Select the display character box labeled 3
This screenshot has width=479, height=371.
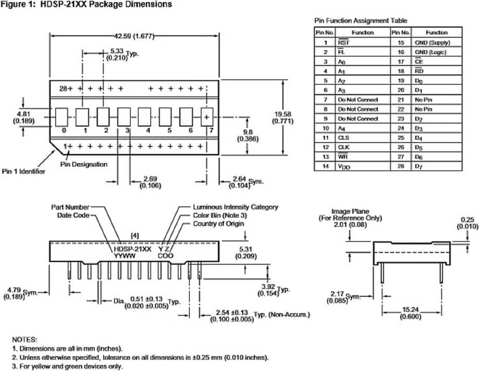[124, 117]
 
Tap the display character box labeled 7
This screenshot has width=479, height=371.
[207, 117]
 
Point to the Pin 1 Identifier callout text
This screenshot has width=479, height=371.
[24, 172]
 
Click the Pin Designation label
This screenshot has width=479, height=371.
[84, 164]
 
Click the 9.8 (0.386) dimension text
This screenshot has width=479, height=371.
[247, 136]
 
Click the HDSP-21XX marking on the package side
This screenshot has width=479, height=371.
[133, 249]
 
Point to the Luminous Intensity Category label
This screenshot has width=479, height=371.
[236, 207]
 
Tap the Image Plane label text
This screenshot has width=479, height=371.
[350, 211]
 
